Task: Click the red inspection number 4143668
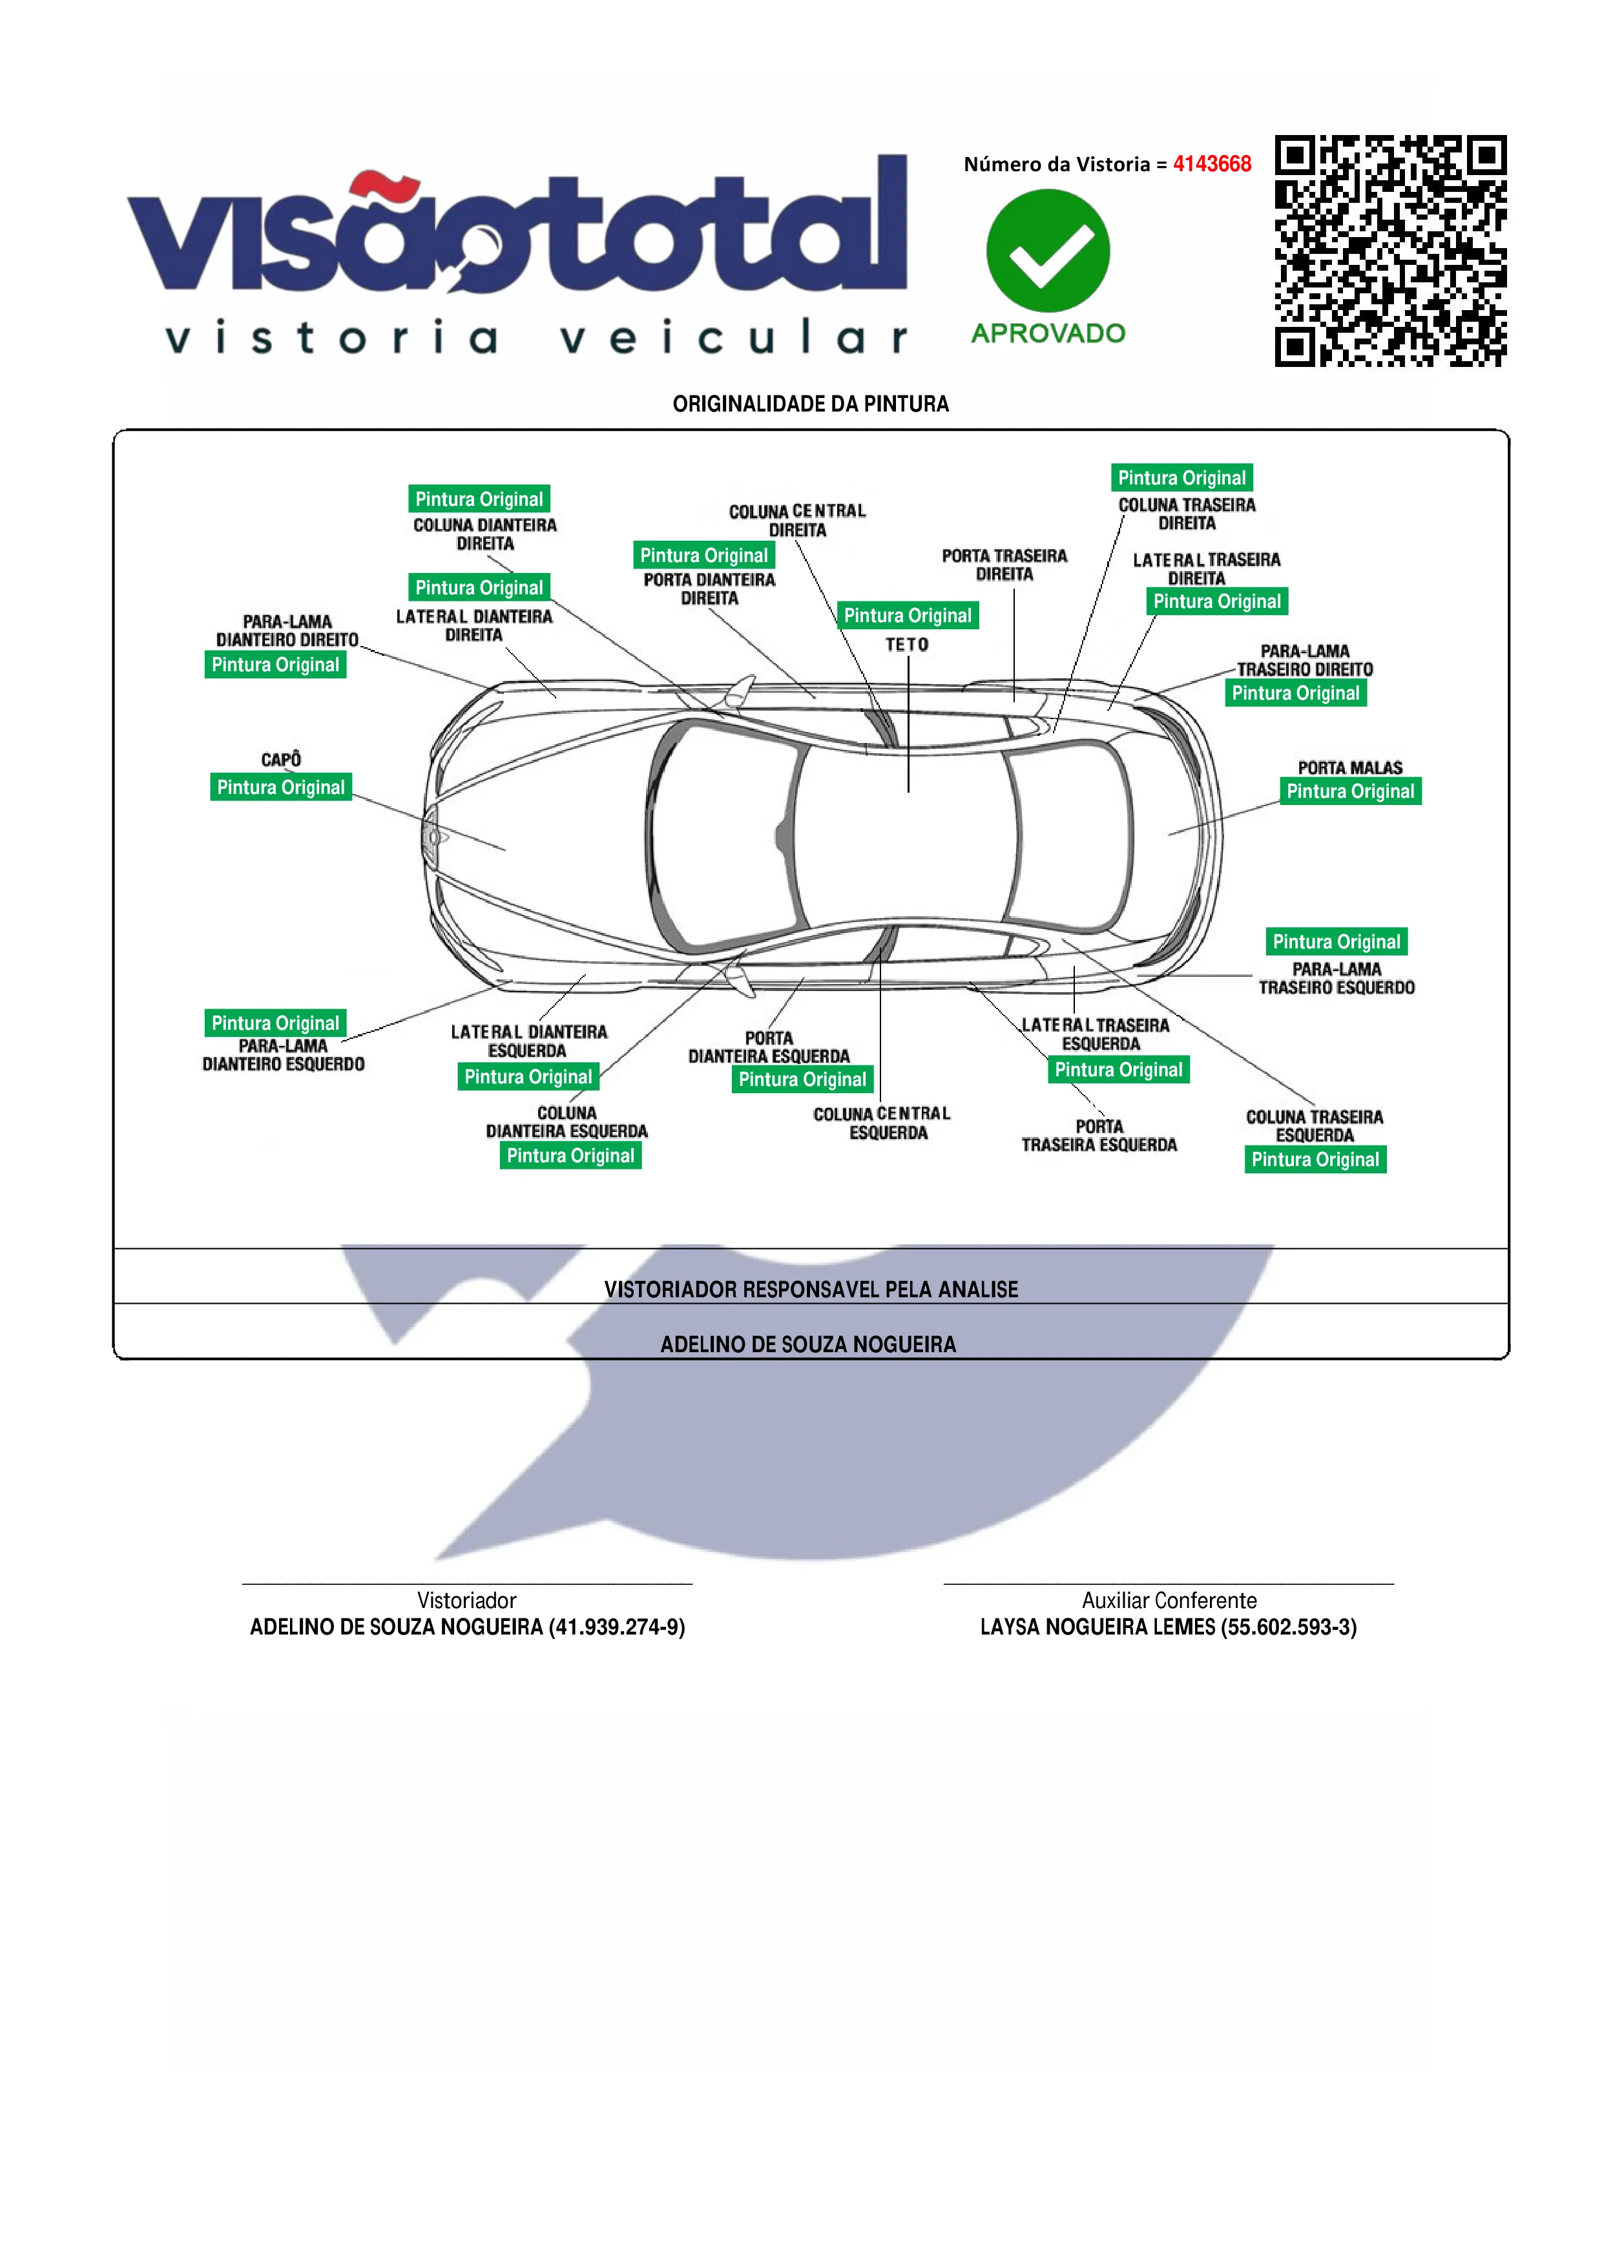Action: click(1211, 164)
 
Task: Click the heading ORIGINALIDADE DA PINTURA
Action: click(811, 404)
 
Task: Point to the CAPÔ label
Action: click(281, 759)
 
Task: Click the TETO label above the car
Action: click(907, 645)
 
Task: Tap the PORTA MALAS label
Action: click(1349, 767)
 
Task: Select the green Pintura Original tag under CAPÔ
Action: click(281, 787)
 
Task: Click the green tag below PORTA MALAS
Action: click(1350, 791)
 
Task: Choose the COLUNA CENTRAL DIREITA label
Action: click(798, 520)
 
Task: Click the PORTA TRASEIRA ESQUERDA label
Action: click(1099, 1136)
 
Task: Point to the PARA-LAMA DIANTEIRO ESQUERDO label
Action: click(284, 1054)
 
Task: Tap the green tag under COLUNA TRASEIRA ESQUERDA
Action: click(1315, 1159)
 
